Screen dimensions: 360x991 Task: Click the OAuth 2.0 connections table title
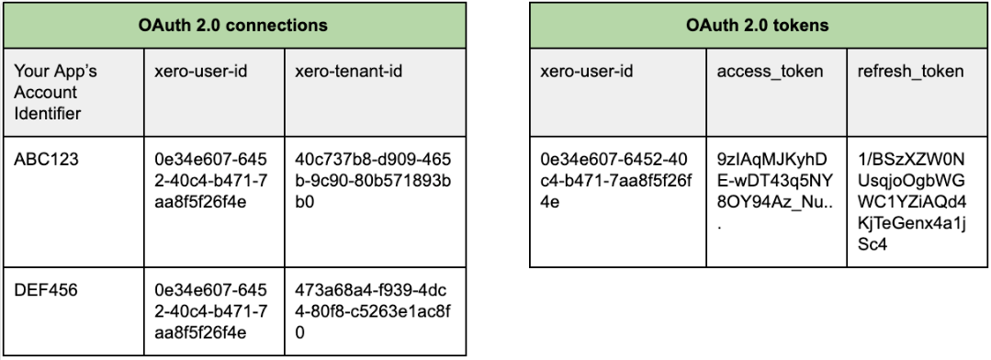pyautogui.click(x=234, y=25)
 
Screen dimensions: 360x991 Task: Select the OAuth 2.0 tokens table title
pyautogui.click(x=758, y=25)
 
